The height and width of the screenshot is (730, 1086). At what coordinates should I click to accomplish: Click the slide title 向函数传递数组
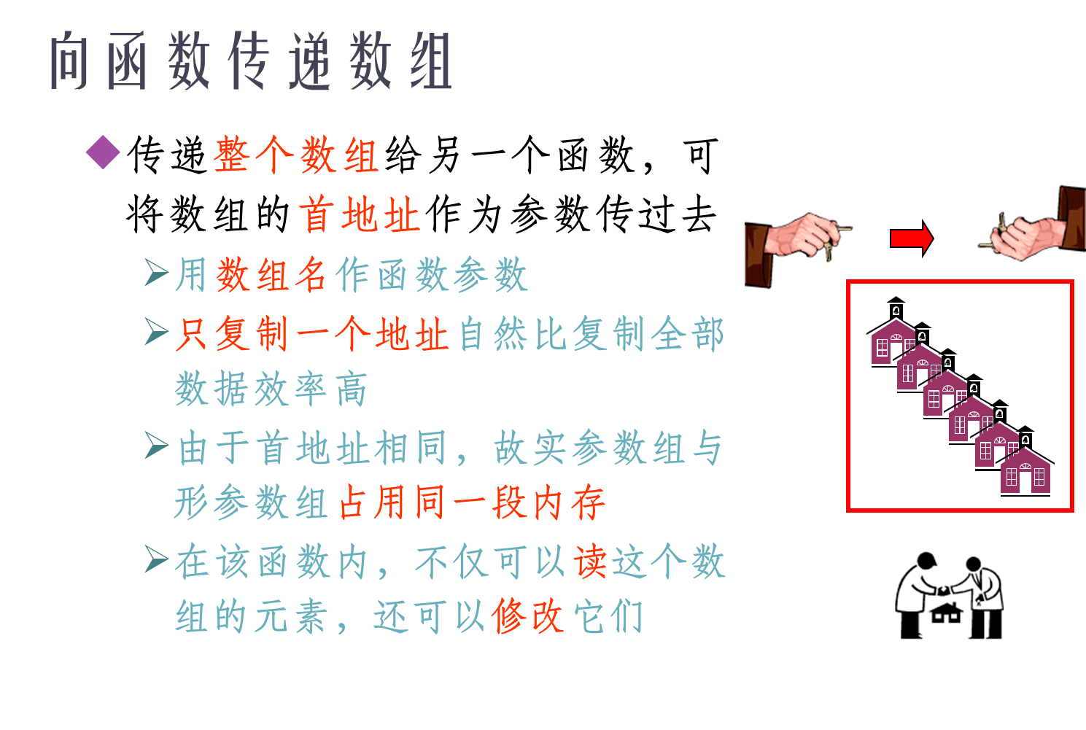[x=251, y=62]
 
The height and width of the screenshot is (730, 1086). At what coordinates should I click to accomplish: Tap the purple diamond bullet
[x=103, y=152]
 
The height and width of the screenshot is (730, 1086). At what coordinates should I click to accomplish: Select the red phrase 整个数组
[x=296, y=155]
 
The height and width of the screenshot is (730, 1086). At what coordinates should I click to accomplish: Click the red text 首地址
[x=360, y=215]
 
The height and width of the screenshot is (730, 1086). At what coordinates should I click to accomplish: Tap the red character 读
[x=591, y=562]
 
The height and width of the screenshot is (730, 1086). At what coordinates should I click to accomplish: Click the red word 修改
[x=527, y=617]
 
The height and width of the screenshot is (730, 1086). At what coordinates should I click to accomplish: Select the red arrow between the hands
[x=912, y=238]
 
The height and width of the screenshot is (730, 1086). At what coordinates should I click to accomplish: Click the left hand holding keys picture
[x=799, y=249]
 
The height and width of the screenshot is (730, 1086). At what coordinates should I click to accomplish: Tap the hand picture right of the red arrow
[x=1031, y=224]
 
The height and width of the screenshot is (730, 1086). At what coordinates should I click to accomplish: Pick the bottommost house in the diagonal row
[x=1026, y=472]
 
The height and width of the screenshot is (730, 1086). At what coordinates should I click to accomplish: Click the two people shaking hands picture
[x=948, y=594]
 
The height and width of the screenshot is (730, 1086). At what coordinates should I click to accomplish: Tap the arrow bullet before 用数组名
[x=156, y=273]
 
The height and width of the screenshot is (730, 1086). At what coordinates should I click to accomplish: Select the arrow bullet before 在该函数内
[x=156, y=559]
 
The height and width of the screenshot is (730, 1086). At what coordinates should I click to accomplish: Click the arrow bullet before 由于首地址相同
[x=156, y=445]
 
